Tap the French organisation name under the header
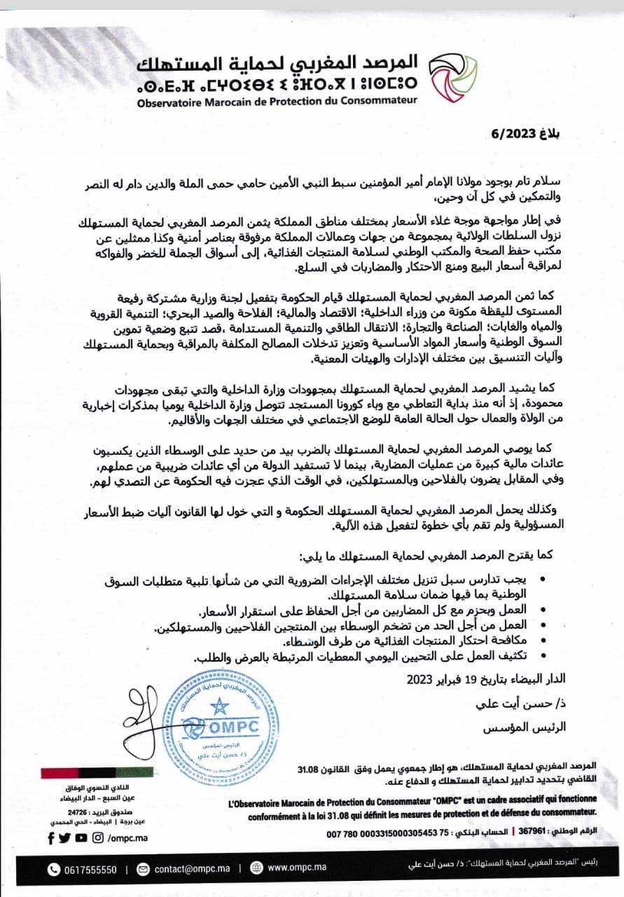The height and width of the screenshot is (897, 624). coord(267,100)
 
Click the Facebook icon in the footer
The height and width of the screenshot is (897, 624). coord(50,838)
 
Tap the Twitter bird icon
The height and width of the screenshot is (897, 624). coord(65,838)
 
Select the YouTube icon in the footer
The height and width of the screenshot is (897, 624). coord(81,838)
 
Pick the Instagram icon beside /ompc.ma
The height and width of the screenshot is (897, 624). coord(97,838)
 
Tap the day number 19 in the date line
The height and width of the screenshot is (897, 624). coord(470,679)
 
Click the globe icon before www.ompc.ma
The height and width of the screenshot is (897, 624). coord(257,869)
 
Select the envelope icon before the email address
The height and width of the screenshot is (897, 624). coord(144,869)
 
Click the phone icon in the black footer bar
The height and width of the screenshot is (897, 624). coord(54,869)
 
